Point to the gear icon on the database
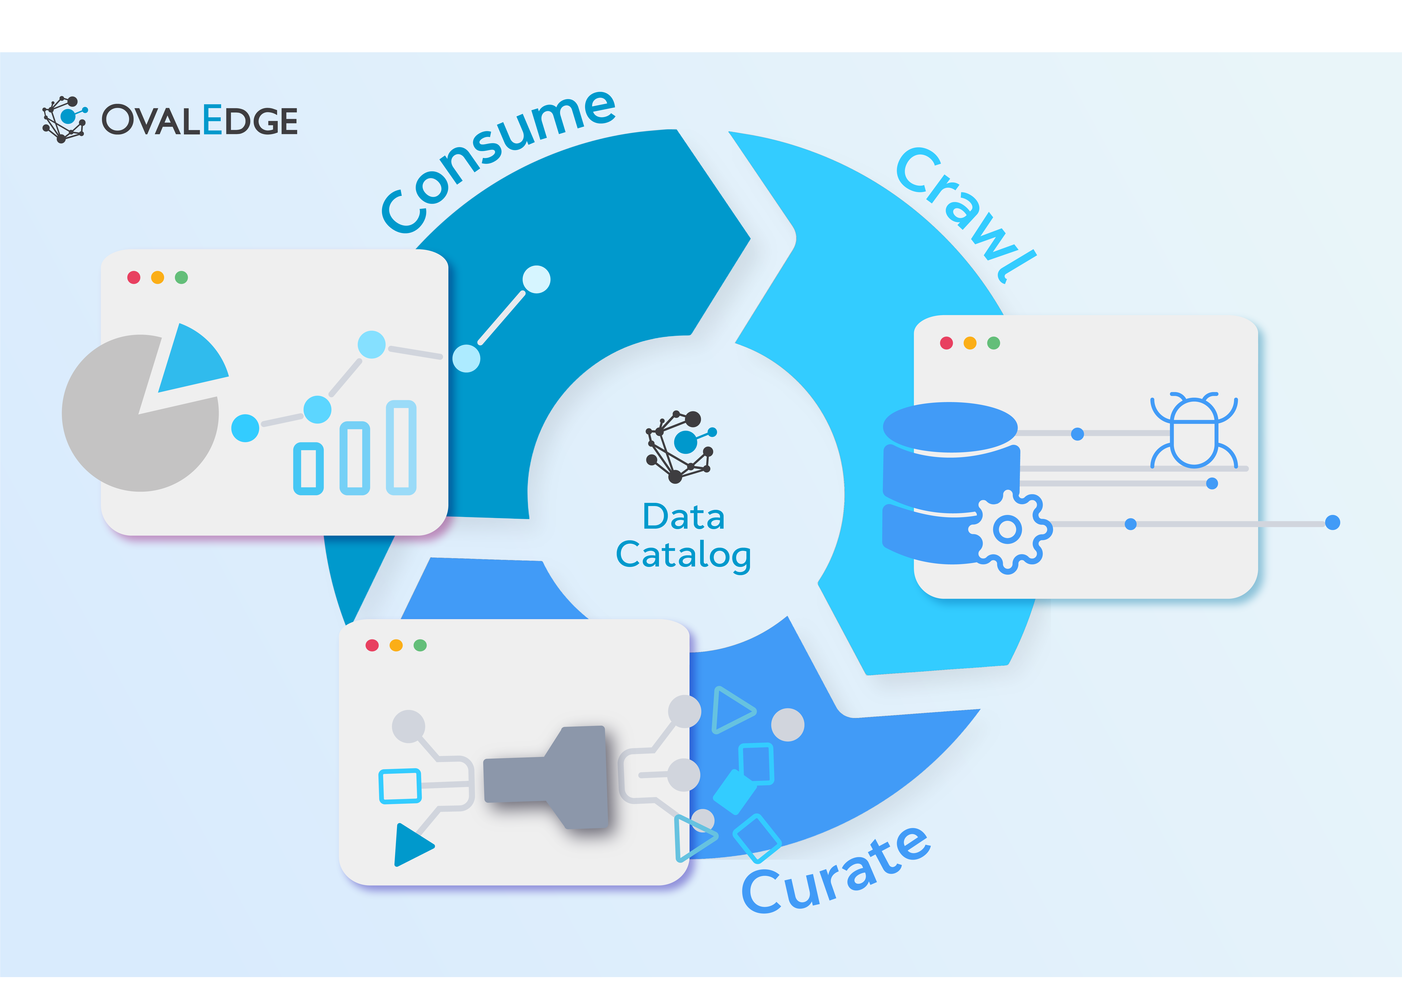point(1008,530)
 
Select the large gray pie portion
point(130,427)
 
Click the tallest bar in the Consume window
point(401,447)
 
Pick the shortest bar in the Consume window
point(308,468)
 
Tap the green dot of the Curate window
point(420,645)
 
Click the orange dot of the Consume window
point(158,277)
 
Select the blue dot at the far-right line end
point(1332,523)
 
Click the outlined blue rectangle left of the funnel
point(400,785)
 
